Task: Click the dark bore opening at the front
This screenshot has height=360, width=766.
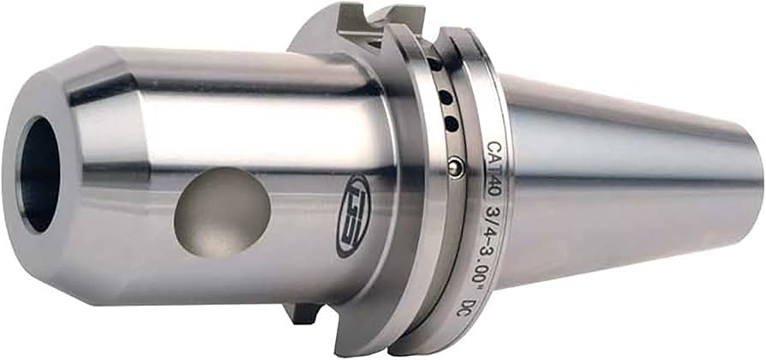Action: [x=39, y=175]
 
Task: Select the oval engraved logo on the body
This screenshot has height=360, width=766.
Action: [x=353, y=216]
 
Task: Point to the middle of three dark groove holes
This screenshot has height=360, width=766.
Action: [x=446, y=98]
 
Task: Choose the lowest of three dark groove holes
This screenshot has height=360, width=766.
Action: [x=452, y=123]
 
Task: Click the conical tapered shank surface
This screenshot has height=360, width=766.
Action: [x=625, y=180]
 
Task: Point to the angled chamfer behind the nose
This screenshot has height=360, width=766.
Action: [x=99, y=180]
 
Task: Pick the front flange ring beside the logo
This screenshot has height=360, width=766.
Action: [x=403, y=214]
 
